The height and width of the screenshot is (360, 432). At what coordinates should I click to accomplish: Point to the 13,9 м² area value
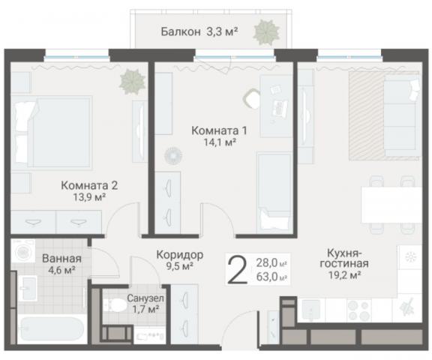(x=89, y=196)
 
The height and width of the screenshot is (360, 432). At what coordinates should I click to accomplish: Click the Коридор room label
(x=178, y=253)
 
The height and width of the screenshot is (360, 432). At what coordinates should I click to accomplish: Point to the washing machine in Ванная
(x=22, y=252)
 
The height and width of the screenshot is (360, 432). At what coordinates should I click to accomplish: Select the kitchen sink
(x=312, y=308)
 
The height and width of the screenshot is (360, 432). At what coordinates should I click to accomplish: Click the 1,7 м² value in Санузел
(x=140, y=308)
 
